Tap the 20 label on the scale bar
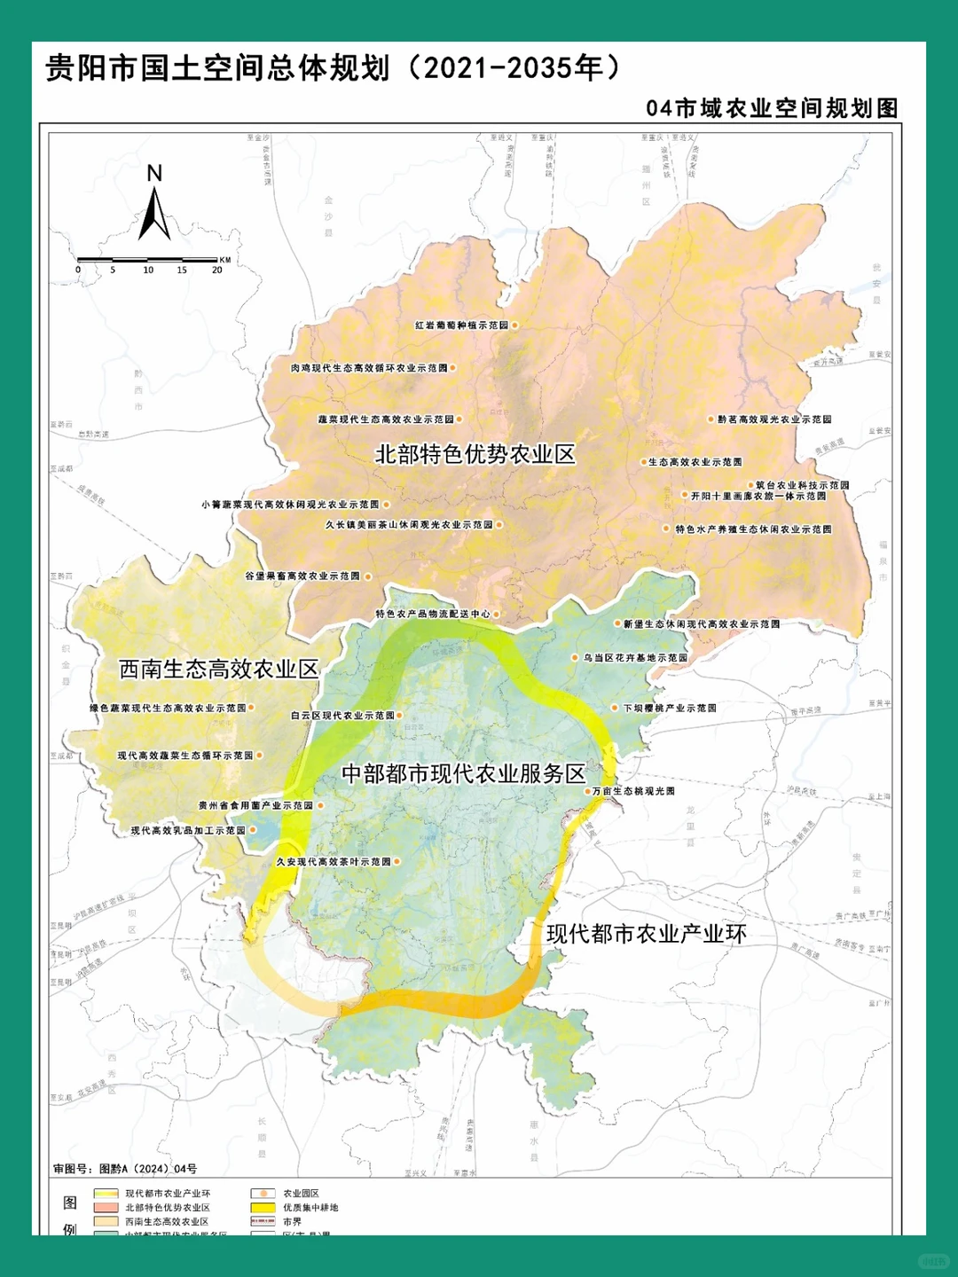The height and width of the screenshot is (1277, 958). (216, 270)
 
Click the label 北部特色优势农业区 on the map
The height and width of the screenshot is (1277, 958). (475, 454)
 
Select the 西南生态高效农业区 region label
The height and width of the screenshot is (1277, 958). (218, 669)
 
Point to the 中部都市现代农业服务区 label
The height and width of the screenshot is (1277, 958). (464, 773)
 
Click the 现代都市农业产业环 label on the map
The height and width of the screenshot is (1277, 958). (646, 933)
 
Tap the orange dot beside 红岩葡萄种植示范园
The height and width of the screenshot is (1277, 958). (514, 325)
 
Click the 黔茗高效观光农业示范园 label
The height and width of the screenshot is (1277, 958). (774, 419)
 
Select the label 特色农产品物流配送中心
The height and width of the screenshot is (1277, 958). (433, 614)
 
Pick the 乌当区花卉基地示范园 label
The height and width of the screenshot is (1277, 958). (635, 658)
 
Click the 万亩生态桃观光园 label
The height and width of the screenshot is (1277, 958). (633, 791)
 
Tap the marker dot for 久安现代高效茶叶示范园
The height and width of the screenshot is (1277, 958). (397, 861)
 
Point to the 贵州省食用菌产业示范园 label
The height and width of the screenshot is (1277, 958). (255, 806)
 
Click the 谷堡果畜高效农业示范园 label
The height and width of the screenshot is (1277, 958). (302, 576)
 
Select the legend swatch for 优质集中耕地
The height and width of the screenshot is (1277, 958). (263, 1208)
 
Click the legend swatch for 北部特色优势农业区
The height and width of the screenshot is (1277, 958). (106, 1208)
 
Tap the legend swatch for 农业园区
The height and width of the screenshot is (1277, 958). (263, 1194)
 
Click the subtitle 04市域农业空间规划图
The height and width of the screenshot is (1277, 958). (772, 108)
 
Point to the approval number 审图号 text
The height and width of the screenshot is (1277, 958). (125, 1169)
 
